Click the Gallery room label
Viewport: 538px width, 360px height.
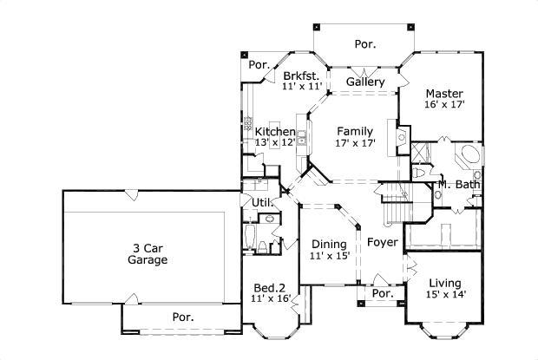(x=365, y=82)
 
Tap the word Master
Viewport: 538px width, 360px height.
(x=443, y=94)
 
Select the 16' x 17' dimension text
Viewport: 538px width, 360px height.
(x=443, y=105)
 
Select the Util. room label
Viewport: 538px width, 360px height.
(x=263, y=203)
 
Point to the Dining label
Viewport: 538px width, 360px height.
(x=328, y=244)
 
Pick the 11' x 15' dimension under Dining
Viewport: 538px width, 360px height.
(x=328, y=256)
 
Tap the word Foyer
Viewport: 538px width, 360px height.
(x=382, y=243)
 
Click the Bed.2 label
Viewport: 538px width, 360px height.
(x=269, y=287)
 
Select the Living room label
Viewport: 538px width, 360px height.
(x=444, y=283)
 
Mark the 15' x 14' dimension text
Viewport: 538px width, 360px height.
(x=444, y=295)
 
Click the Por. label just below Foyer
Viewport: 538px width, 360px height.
(x=383, y=294)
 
